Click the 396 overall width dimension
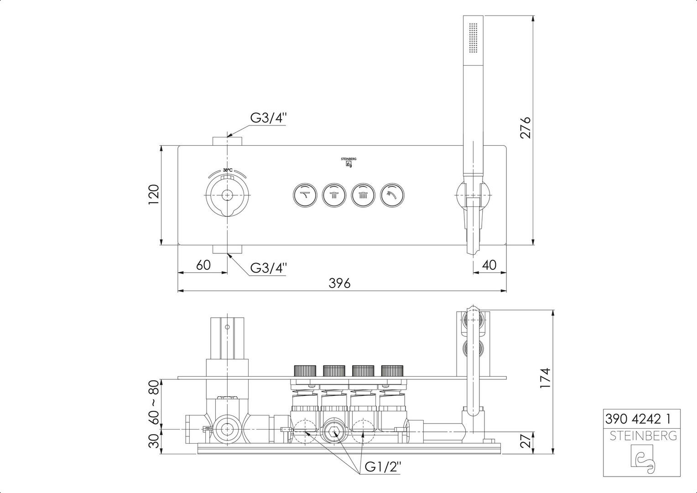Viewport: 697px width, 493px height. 339,283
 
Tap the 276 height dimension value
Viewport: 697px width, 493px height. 525,128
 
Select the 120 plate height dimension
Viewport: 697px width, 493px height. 154,194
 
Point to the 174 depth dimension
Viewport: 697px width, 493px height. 545,378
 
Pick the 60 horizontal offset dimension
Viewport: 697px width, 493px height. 203,265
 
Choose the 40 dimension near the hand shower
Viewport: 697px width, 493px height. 489,265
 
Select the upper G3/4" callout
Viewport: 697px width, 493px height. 268,118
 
